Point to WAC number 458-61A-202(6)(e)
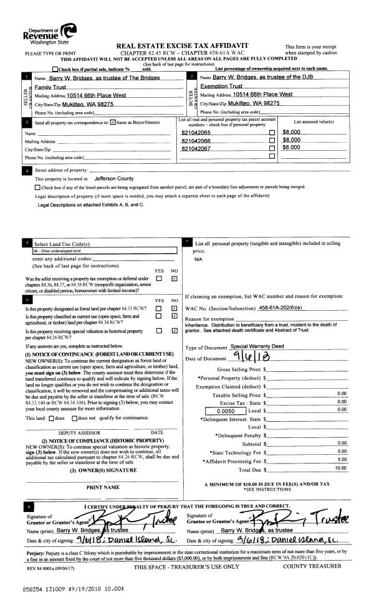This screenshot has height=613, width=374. (x=283, y=308)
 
